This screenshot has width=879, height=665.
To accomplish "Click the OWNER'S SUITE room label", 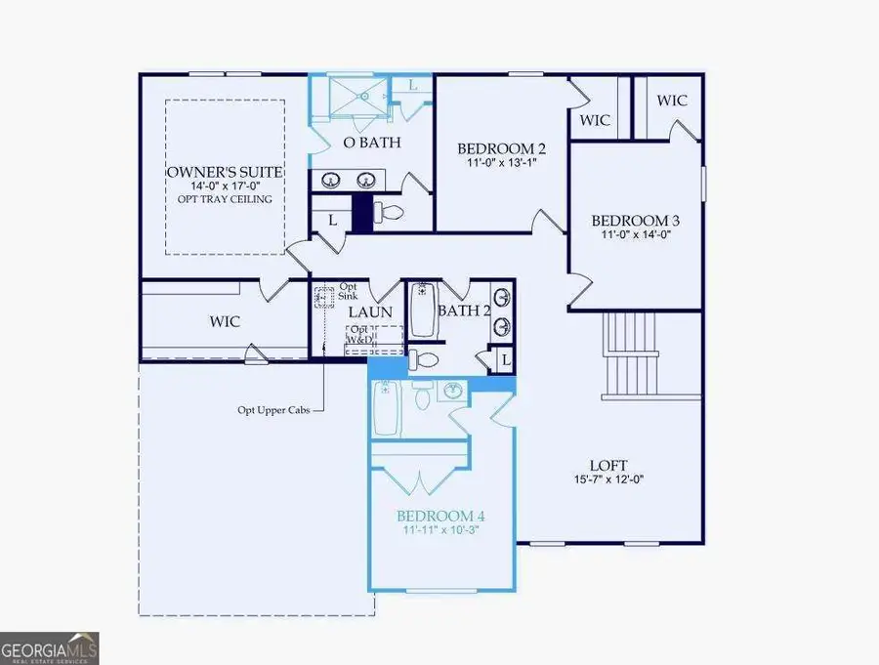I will (x=225, y=172).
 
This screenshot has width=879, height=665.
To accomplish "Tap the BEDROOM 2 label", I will (x=501, y=149).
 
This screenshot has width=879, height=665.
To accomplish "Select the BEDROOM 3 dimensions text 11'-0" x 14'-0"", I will (x=635, y=234).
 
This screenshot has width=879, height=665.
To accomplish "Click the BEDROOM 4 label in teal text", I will (x=440, y=516).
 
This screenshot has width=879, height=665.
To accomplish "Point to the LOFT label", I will (x=608, y=466).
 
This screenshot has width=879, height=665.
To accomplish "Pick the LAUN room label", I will (x=370, y=312).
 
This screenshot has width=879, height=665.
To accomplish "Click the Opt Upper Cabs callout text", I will (x=272, y=411).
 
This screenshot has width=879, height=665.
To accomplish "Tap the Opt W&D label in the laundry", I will (x=360, y=334).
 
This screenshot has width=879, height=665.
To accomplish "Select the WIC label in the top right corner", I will (x=671, y=101).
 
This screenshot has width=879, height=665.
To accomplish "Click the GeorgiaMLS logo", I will (x=49, y=648).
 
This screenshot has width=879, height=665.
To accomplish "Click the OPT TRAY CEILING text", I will (x=225, y=199).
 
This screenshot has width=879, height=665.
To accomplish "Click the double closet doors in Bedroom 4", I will (x=418, y=482).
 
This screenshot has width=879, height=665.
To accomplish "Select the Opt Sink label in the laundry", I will (x=348, y=290).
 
